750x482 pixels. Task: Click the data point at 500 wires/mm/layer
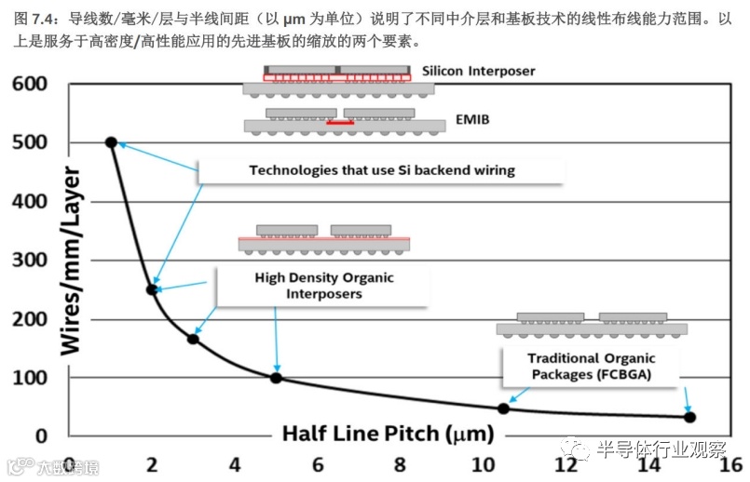(x=111, y=142)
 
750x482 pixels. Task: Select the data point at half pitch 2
(x=152, y=289)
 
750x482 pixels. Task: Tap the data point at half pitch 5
(x=276, y=378)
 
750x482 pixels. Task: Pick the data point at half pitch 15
(x=689, y=417)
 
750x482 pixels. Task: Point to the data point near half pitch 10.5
(x=504, y=408)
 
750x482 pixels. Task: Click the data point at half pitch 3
(x=193, y=339)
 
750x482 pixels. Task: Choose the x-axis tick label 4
(x=235, y=463)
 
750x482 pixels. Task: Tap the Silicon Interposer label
(x=478, y=71)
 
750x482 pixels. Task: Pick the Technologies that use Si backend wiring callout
(x=381, y=170)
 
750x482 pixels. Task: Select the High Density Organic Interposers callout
(x=324, y=286)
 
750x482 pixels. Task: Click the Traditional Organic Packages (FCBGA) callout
(x=591, y=367)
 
